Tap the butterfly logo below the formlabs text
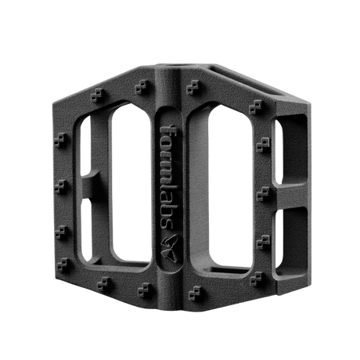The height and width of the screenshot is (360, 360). click(170, 248)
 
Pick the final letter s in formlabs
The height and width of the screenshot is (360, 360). click(167, 224)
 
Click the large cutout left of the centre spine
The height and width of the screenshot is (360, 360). click(131, 182)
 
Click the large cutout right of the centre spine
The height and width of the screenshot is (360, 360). click(229, 186)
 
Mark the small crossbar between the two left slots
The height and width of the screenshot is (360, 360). click(90, 185)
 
